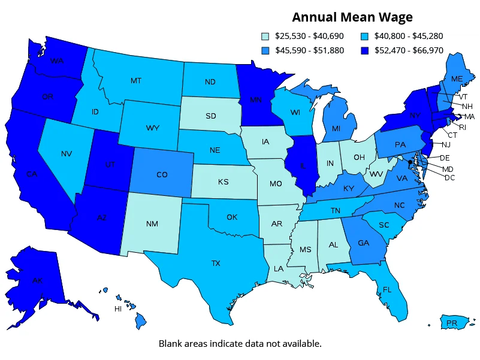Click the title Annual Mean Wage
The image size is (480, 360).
tap(352, 17)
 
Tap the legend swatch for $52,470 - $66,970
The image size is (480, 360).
tap(365, 50)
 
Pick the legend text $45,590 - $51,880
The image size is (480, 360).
tap(309, 50)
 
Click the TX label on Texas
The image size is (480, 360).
tap(216, 262)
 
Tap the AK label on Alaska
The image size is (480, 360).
tap(37, 280)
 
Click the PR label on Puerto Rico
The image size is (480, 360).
tap(452, 323)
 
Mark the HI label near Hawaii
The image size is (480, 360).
tap(118, 309)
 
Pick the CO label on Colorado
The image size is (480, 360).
tap(162, 175)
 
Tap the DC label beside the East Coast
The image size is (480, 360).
tap(449, 178)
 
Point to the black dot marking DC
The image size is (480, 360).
tap(410, 162)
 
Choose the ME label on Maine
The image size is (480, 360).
tap(457, 79)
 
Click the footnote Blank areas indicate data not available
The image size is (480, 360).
tap(240, 344)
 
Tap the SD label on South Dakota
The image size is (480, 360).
tap(212, 116)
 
